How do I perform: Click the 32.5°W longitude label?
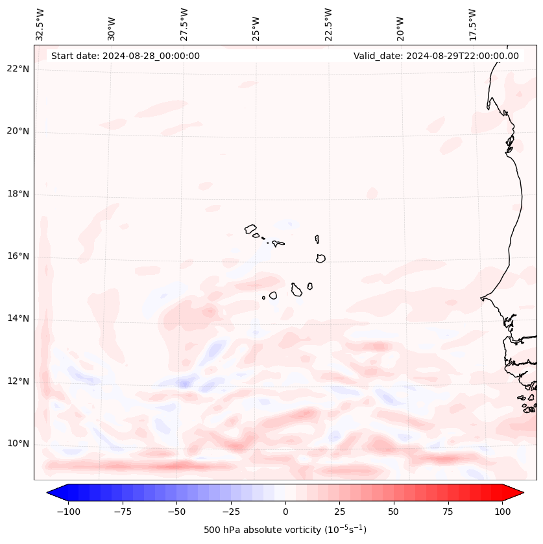coord(40,25)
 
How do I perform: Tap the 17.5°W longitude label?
coord(472,25)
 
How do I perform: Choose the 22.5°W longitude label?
coord(328,25)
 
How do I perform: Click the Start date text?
coord(125,56)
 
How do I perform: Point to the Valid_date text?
coord(436,56)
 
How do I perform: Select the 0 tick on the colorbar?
coord(285,512)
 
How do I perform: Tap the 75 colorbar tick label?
coord(448,512)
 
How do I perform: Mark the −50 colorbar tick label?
coord(176,512)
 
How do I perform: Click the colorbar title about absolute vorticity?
coord(285,530)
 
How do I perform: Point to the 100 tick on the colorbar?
coord(502,512)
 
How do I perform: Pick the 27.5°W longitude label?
coord(184,25)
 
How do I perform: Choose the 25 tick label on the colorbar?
coord(339,512)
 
